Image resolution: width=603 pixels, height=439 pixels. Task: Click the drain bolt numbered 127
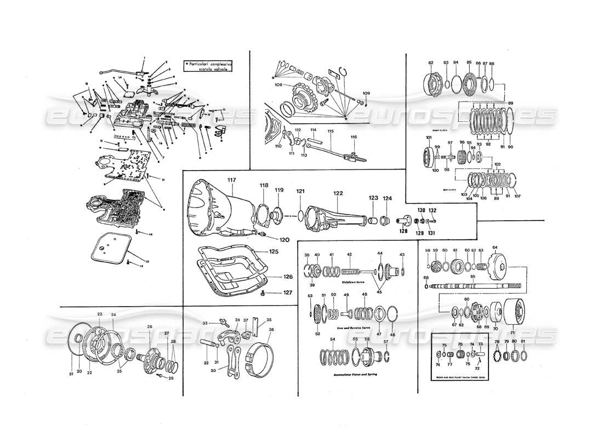(263, 294)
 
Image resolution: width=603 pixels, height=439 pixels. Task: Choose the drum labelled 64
(499, 269)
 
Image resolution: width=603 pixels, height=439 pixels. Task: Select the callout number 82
(430, 63)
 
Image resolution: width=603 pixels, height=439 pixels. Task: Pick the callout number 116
(354, 137)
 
